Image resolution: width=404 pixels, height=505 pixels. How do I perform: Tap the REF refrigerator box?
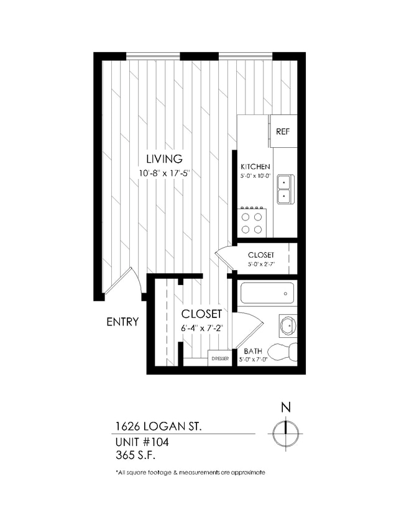pos(283,132)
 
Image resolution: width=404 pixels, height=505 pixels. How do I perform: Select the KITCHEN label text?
pos(255,167)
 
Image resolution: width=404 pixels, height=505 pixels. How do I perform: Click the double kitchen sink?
pos(285,189)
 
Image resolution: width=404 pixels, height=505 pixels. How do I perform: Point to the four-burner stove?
pos(253,222)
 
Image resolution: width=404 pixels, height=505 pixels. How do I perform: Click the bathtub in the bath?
pos(267,293)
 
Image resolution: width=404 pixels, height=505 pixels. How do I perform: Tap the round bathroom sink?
pos(288,325)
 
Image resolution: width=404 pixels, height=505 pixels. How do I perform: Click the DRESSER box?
pos(219,359)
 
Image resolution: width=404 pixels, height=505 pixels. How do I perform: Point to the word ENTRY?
pos(122,322)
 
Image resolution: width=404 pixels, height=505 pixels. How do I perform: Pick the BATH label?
pos(254,350)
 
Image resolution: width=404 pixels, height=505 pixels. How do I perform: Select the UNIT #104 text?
pos(142,442)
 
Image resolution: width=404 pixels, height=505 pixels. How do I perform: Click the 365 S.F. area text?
pos(135,456)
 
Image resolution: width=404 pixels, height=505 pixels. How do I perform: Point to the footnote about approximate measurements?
pos(190,473)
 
